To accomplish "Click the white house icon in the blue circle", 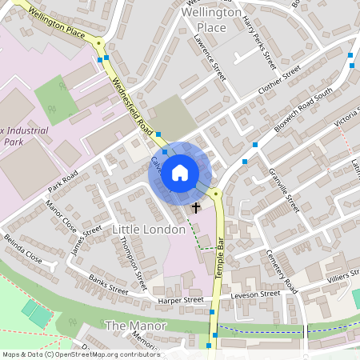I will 180,172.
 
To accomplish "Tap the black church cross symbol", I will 196,207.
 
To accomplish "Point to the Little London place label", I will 149,230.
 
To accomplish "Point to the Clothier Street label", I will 278,82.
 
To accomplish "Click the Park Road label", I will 62,181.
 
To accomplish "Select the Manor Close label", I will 61,216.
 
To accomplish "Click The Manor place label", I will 136,326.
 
